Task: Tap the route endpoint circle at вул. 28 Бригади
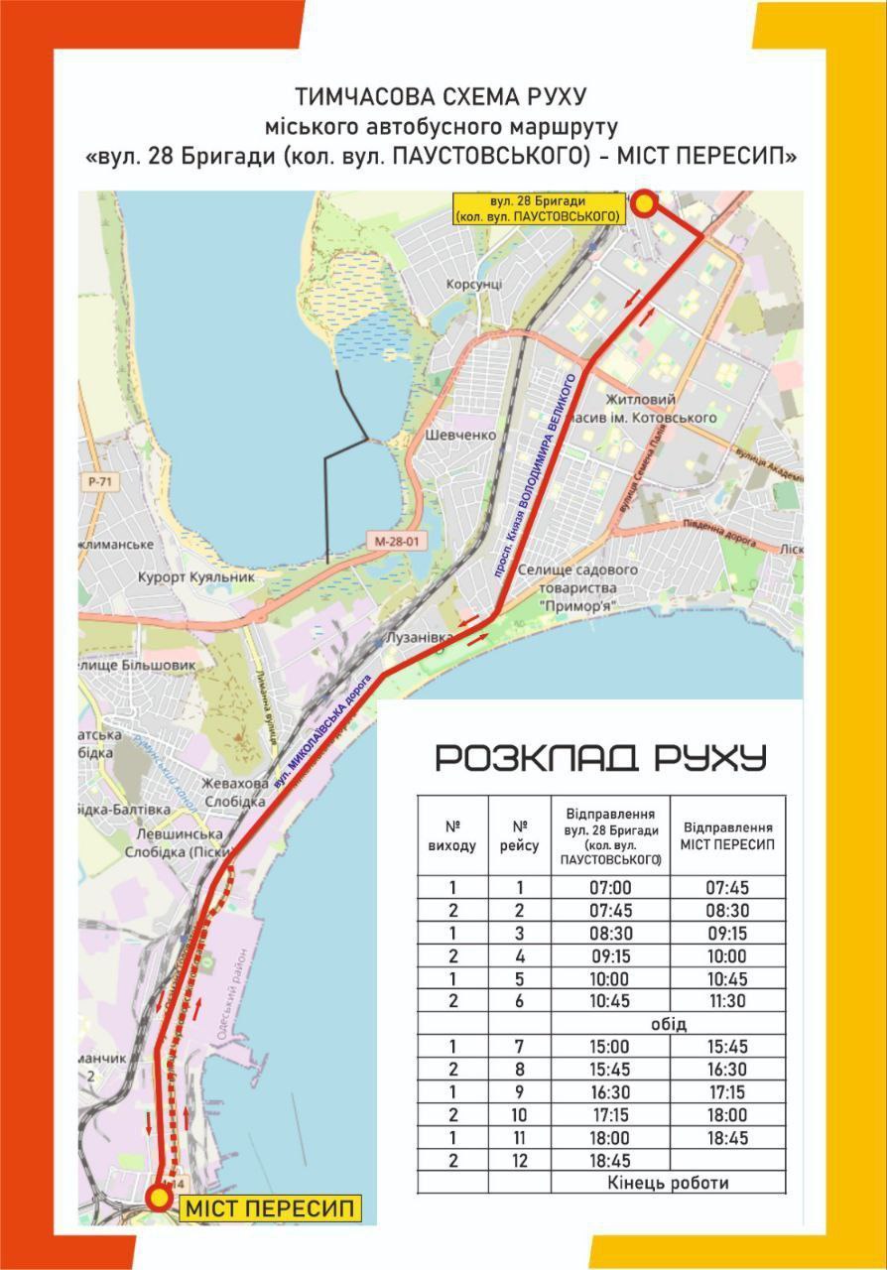644,204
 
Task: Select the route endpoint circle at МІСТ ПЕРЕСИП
159,1198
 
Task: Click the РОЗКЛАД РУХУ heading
601,758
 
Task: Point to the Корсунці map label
474,284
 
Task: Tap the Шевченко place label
459,436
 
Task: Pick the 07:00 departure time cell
610,888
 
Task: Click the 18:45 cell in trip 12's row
610,1160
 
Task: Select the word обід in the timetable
670,1024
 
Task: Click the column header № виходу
452,835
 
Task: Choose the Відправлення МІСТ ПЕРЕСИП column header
727,835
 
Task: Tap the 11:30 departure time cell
727,1001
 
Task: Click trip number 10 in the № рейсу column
519,1115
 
